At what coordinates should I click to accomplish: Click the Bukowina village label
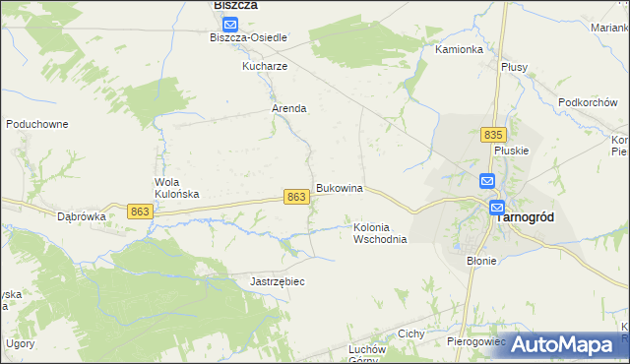(340, 188)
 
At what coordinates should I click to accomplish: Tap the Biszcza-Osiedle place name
(248, 37)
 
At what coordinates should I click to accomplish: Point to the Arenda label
(289, 109)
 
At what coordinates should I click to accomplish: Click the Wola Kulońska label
(177, 188)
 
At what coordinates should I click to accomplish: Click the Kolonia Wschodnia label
(380, 233)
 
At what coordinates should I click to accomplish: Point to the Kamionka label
(459, 49)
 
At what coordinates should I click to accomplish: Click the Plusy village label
(514, 67)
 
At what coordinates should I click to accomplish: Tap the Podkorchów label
(587, 102)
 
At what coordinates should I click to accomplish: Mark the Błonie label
(481, 261)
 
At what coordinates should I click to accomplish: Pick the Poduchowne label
(36, 124)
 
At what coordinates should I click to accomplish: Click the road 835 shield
(494, 134)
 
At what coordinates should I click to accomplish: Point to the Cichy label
(410, 334)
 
